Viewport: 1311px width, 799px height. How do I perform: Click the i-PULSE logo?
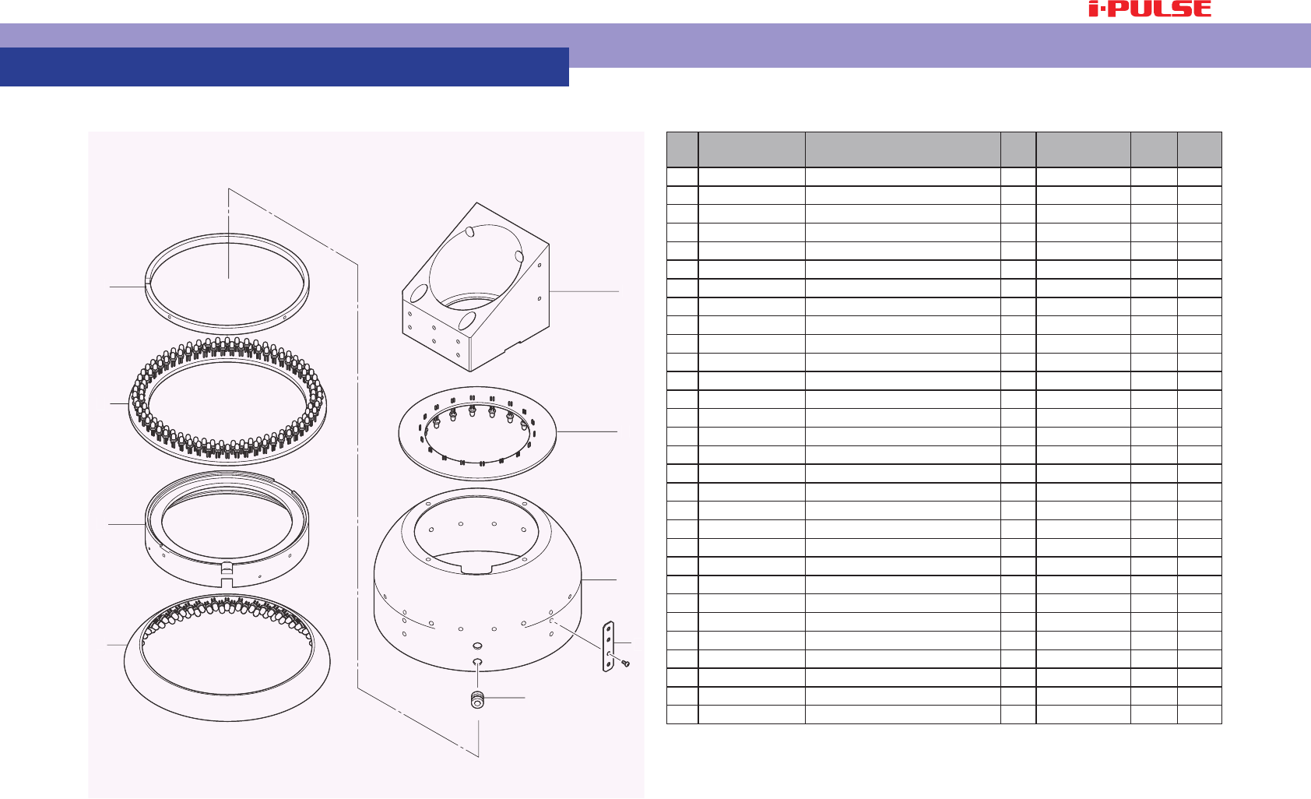click(1150, 9)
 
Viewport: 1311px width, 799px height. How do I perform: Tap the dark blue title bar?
click(284, 67)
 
